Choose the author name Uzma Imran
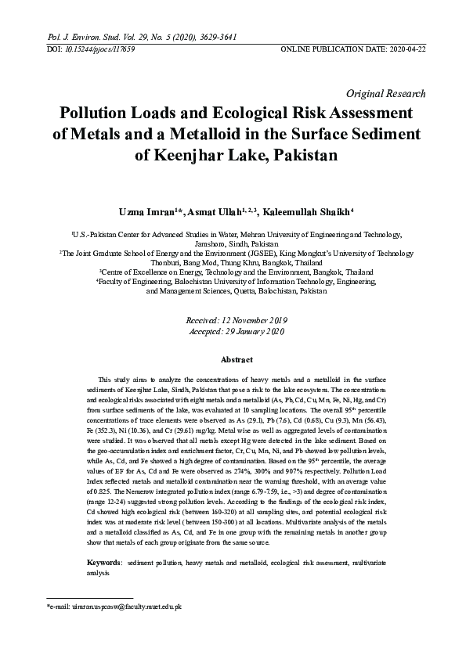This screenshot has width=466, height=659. (147, 211)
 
